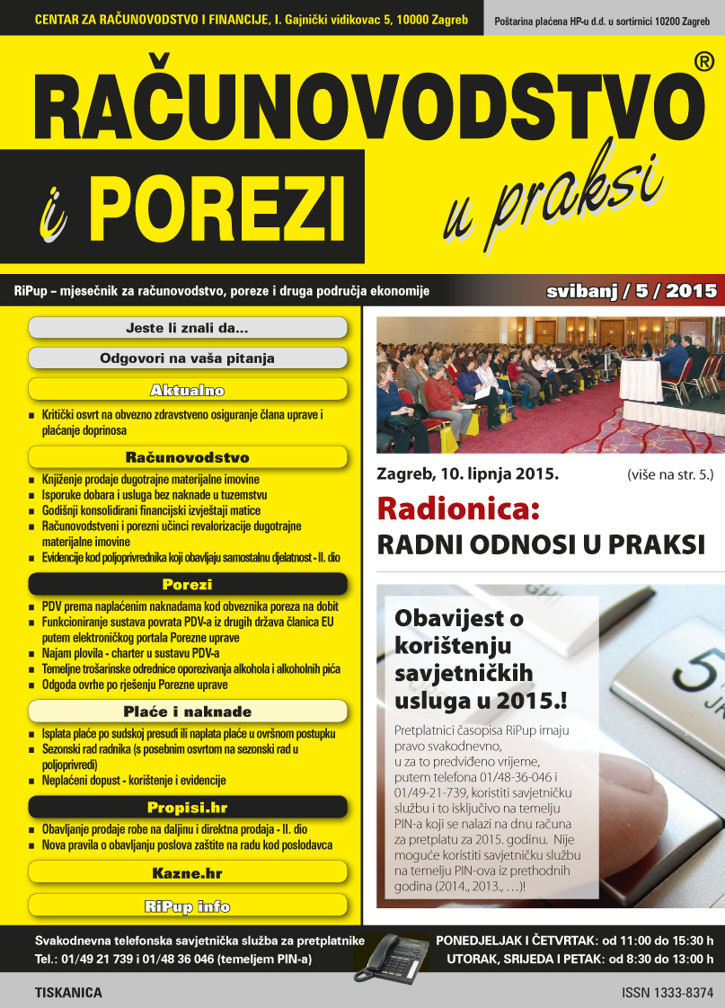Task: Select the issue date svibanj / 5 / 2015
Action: (x=632, y=291)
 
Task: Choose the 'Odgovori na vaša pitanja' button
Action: (x=187, y=358)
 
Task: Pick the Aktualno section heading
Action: (x=187, y=390)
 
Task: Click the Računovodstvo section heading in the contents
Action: (x=187, y=457)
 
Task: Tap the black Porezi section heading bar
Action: (x=187, y=585)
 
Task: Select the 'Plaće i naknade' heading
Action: (x=187, y=712)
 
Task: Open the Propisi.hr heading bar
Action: (x=187, y=808)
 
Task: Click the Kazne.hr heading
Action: (x=187, y=872)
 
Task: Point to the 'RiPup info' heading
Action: (x=187, y=906)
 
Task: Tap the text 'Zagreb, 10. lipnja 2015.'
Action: (x=467, y=473)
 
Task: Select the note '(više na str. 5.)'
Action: (x=666, y=473)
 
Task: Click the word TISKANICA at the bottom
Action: (x=68, y=994)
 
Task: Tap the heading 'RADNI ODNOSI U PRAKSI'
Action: (x=537, y=544)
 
